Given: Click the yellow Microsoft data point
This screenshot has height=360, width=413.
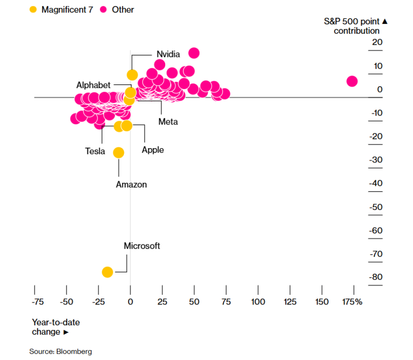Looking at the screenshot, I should pyautogui.click(x=107, y=272).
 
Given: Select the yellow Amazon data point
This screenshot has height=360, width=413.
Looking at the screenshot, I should pyautogui.click(x=118, y=153).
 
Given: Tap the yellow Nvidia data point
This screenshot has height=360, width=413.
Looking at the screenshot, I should pyautogui.click(x=132, y=75).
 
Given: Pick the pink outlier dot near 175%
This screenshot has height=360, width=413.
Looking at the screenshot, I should pyautogui.click(x=352, y=81).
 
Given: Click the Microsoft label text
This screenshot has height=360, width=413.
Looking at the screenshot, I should pyautogui.click(x=142, y=246).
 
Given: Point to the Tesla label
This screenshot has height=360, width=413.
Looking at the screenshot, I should pyautogui.click(x=95, y=151).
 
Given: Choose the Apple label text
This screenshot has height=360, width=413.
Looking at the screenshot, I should pyautogui.click(x=153, y=150).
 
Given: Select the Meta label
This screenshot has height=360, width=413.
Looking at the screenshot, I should pyautogui.click(x=168, y=122).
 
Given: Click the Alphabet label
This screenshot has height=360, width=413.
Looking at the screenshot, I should pyautogui.click(x=93, y=85).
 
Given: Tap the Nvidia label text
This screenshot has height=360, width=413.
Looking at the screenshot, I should pyautogui.click(x=168, y=54).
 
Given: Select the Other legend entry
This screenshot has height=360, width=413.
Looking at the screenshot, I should pyautogui.click(x=118, y=9).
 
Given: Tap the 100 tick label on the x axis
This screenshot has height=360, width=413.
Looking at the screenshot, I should pyautogui.click(x=258, y=302).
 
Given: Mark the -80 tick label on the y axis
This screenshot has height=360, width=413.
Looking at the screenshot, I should pyautogui.click(x=376, y=277).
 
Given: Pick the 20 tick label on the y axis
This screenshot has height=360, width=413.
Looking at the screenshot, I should pyautogui.click(x=377, y=43).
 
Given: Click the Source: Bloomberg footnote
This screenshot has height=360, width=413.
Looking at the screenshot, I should pyautogui.click(x=61, y=352).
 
